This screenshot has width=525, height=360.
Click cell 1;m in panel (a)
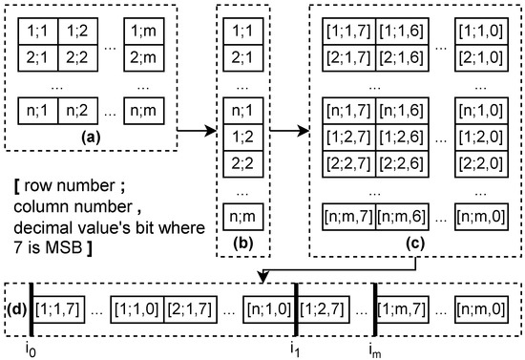click(155, 33)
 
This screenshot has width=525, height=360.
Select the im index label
click(373, 347)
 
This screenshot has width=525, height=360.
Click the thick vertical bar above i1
click(296, 309)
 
